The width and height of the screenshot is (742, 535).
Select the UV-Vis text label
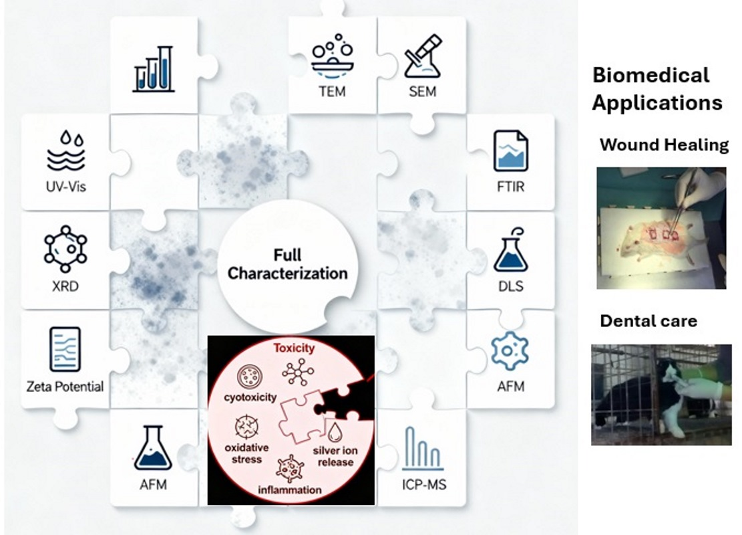(x=65, y=187)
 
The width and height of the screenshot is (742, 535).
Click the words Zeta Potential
(x=65, y=386)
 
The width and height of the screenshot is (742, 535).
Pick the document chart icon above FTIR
(x=510, y=151)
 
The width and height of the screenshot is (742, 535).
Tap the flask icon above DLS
(x=510, y=249)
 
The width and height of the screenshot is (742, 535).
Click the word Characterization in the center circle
(x=288, y=274)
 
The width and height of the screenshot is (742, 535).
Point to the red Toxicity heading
(x=292, y=348)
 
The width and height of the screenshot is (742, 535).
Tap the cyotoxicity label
(x=250, y=397)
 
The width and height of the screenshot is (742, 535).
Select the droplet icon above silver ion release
(x=334, y=430)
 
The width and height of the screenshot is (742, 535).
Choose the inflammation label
(x=290, y=490)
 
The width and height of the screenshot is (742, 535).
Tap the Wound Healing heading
(x=664, y=144)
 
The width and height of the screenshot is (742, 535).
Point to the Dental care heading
(x=648, y=321)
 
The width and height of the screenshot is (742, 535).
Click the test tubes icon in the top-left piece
(x=154, y=69)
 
